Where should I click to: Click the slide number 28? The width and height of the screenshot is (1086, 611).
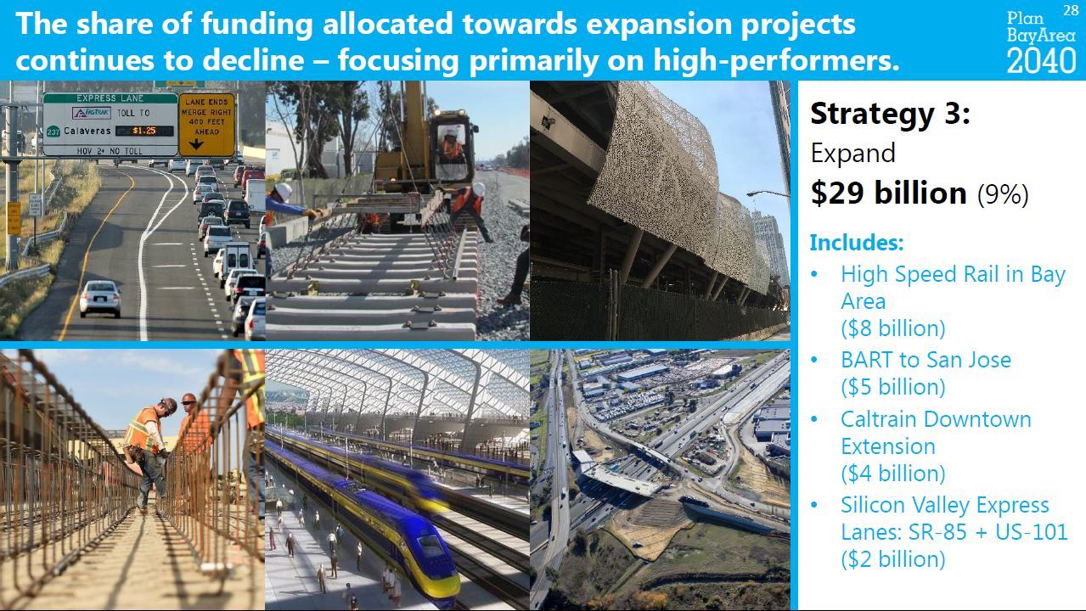[1071, 10]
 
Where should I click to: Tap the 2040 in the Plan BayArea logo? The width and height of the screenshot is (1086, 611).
[1041, 61]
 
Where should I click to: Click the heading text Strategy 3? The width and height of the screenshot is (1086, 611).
[890, 115]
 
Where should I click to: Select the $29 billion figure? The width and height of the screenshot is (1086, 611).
[889, 193]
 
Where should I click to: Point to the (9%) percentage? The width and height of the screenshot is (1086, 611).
[1003, 194]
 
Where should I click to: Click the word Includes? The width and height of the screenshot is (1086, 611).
[857, 242]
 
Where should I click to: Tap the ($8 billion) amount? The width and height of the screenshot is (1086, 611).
[893, 328]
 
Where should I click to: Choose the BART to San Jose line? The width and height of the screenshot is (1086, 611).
[926, 360]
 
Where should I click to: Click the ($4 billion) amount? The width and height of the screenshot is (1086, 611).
[893, 473]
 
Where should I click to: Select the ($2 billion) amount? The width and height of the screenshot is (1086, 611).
[893, 558]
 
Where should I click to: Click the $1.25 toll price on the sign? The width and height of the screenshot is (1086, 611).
[144, 131]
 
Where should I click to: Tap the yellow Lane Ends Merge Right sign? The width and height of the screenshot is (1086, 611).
[206, 125]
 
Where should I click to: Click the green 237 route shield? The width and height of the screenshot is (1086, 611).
[53, 132]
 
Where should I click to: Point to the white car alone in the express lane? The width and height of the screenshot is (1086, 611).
[100, 299]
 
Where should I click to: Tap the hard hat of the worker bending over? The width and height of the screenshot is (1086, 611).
[169, 404]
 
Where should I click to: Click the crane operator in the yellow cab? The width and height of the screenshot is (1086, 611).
[452, 145]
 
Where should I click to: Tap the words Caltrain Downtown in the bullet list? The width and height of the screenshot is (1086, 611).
[936, 419]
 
